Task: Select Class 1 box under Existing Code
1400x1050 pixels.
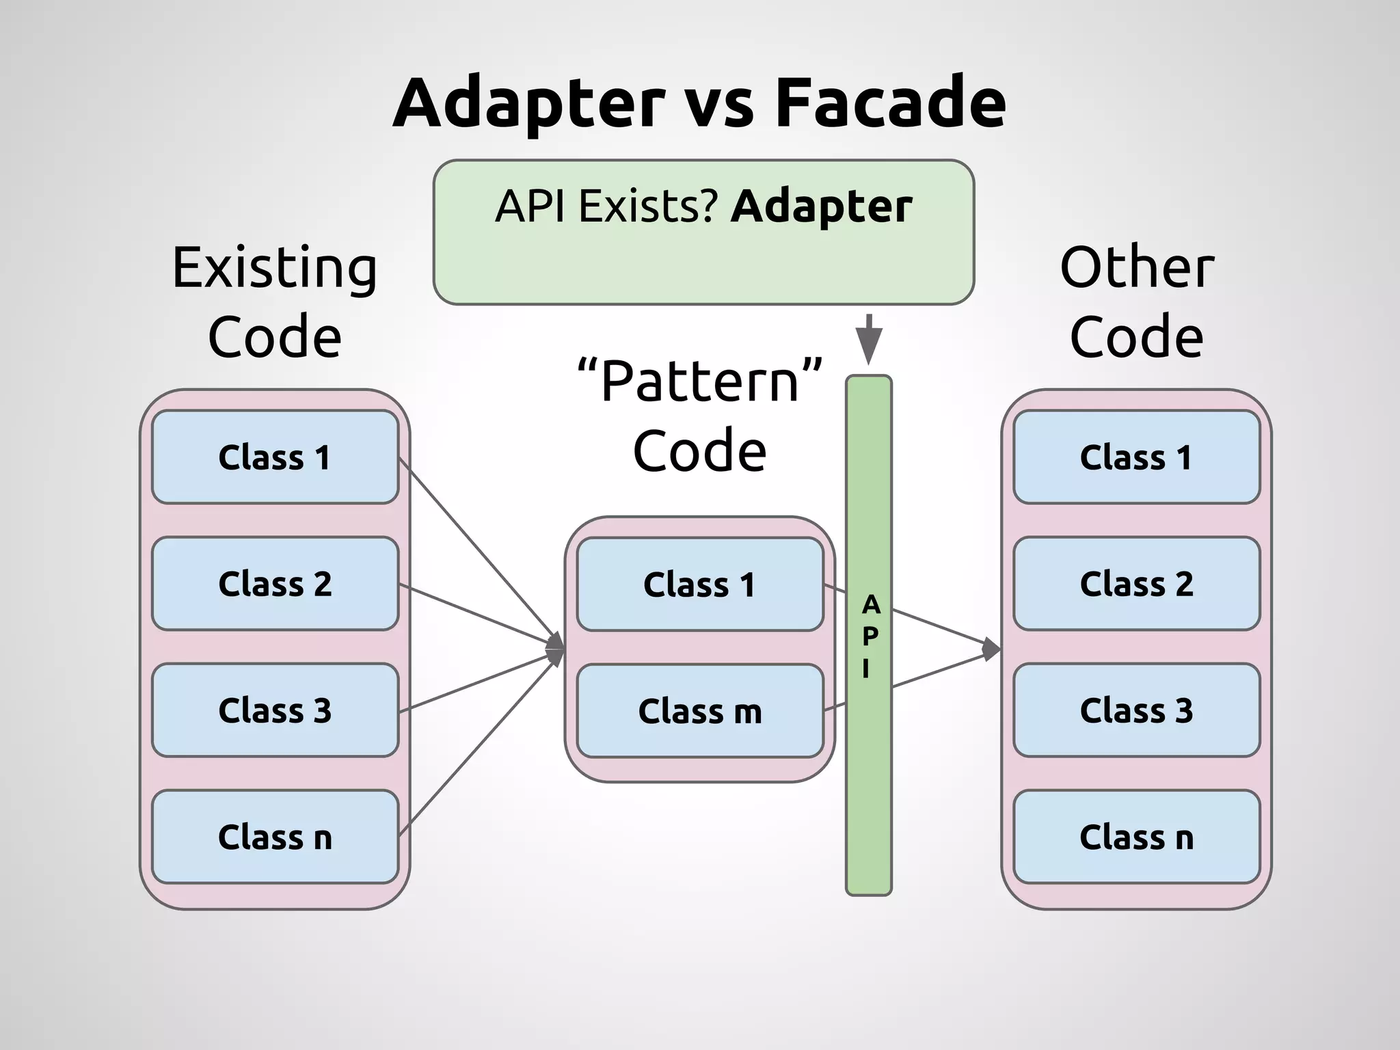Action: coord(275,457)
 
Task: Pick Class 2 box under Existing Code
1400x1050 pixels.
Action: coord(275,583)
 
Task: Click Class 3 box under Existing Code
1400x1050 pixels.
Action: coord(275,710)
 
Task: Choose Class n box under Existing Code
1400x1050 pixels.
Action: coord(275,836)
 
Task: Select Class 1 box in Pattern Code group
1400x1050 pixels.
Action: coord(699,584)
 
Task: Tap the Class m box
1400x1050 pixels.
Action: coord(699,711)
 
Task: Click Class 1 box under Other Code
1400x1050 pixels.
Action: coord(1136,457)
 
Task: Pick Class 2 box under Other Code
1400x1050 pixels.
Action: coord(1136,583)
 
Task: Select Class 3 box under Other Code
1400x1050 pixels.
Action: coord(1136,710)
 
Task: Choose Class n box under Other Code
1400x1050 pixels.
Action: coord(1136,836)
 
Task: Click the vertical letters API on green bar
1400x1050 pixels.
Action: coord(870,636)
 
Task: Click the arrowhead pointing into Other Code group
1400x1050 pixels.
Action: coord(991,649)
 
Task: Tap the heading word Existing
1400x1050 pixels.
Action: coord(274,268)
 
